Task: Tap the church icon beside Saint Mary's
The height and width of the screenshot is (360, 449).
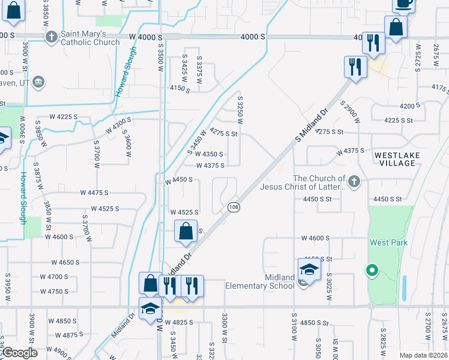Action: coord(52,37)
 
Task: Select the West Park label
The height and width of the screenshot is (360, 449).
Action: coord(388,242)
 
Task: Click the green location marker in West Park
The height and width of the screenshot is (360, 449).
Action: coord(372,271)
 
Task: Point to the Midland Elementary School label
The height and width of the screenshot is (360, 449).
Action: coord(259,281)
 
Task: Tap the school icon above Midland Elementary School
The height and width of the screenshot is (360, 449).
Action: coord(309,269)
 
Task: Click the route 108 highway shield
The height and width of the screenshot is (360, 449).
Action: coord(234,207)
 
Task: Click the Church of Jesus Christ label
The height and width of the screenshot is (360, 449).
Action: coord(319,182)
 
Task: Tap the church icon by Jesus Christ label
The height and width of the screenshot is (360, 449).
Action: coord(355,181)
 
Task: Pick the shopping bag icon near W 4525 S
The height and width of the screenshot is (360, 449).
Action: coord(185,231)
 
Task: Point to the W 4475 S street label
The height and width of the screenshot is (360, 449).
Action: coord(94,193)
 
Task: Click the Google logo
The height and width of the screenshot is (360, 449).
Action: coord(19,353)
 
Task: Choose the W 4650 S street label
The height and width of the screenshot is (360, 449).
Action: coord(65,262)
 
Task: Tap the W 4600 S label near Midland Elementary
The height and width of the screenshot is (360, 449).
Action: coord(316,238)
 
